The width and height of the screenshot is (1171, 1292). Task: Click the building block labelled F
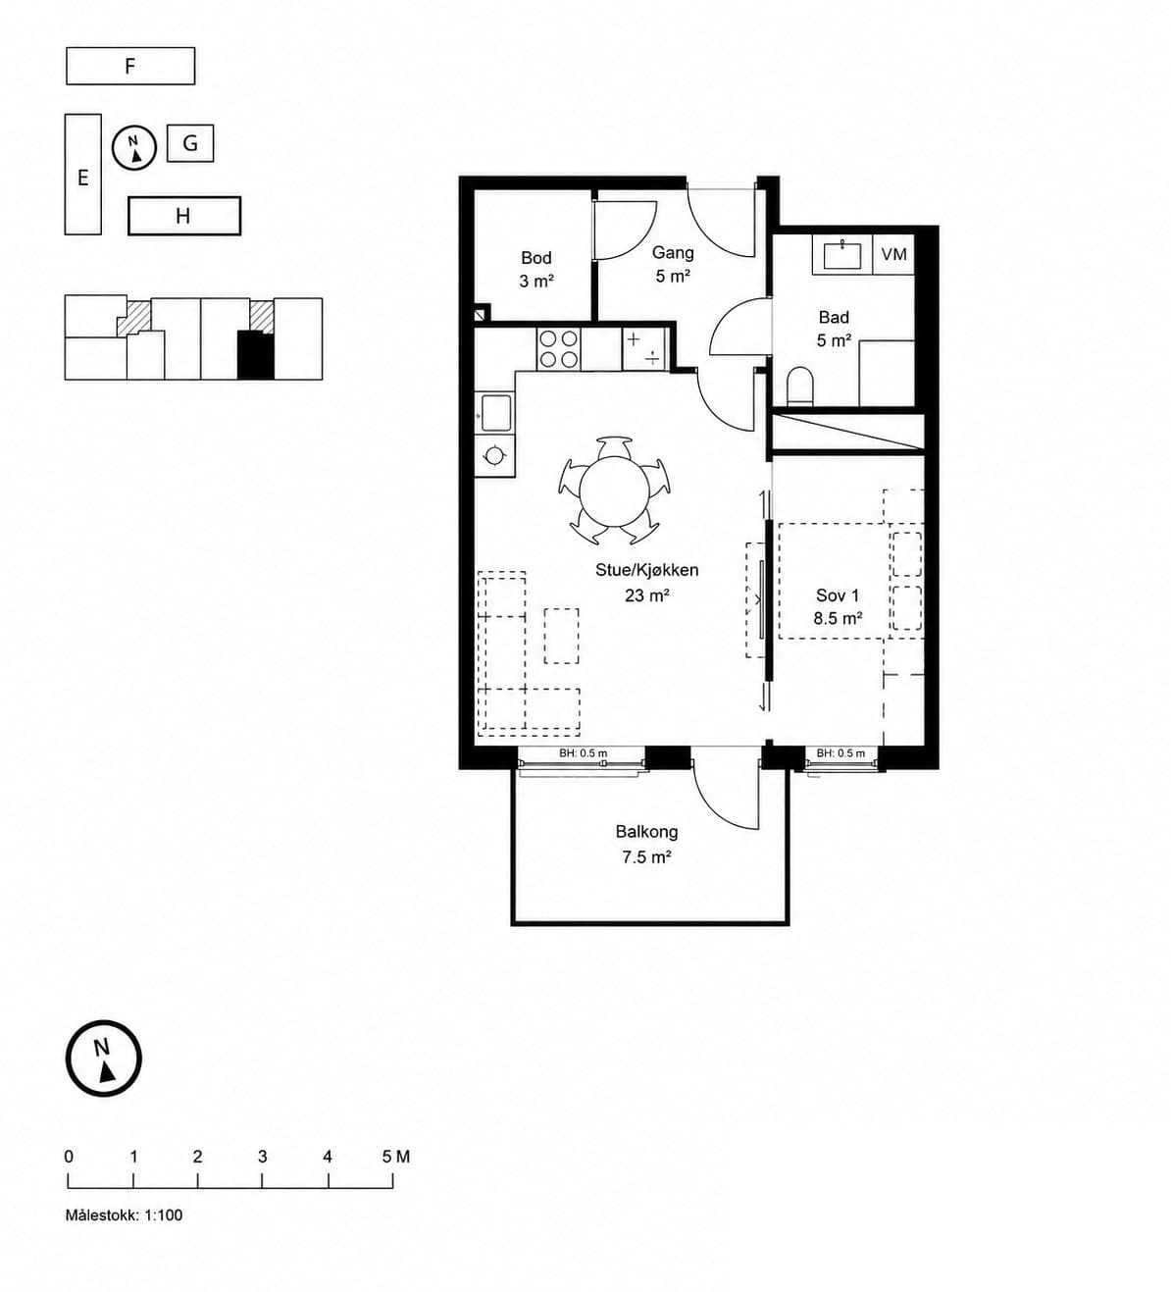(130, 66)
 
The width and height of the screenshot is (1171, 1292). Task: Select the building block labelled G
(190, 143)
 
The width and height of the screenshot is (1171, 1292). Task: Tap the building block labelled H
(184, 216)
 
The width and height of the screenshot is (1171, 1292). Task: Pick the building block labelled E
(83, 175)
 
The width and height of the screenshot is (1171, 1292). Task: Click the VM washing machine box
(893, 254)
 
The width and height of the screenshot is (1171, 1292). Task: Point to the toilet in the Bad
(801, 387)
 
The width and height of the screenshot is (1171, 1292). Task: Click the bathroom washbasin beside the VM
(842, 255)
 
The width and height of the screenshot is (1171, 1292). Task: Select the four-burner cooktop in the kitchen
(558, 348)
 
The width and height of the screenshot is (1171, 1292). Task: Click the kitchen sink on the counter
(496, 413)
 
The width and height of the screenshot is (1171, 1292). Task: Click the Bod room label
(536, 258)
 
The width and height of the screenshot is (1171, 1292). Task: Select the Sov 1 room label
(838, 595)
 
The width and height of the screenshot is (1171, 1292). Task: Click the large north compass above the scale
(104, 1059)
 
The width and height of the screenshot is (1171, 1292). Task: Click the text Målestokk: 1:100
(124, 1215)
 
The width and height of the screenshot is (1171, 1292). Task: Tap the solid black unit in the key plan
(256, 355)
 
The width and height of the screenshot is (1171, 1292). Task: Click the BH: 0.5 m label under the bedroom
(840, 752)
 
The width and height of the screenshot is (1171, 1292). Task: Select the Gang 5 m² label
(673, 265)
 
